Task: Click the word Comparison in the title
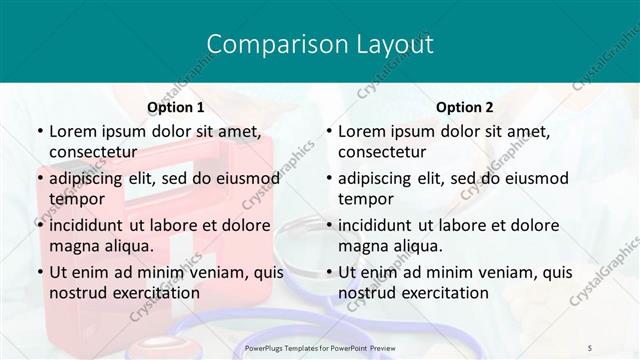point(263,44)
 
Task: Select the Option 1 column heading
point(175,107)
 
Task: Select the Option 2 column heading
point(465,107)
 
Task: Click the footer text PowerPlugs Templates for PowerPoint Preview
point(319,347)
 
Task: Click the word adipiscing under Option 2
point(381,179)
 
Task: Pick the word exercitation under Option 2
point(441,293)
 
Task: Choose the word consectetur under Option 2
point(382,152)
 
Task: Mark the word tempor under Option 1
point(76,199)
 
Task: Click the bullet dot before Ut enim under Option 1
point(39,272)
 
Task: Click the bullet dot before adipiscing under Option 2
point(328,179)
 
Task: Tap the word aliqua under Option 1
point(127,246)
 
